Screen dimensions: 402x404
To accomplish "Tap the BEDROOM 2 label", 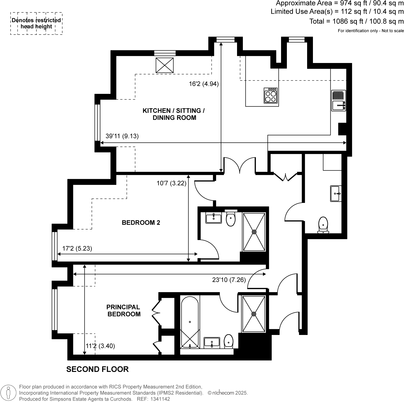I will (x=141, y=223).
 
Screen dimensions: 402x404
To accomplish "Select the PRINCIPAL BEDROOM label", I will (x=123, y=310).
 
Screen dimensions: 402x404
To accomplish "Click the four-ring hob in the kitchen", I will (x=270, y=95).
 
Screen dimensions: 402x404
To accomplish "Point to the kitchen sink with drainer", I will (x=338, y=101).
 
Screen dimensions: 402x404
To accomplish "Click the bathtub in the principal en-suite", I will (x=189, y=322).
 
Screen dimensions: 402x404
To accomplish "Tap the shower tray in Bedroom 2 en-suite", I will (x=254, y=232).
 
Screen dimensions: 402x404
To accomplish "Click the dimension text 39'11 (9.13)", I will (x=122, y=136).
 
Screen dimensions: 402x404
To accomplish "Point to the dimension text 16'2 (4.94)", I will (x=204, y=84).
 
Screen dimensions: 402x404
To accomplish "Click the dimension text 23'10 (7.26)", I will (x=229, y=280).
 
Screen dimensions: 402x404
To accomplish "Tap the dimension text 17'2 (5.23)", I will (x=77, y=248).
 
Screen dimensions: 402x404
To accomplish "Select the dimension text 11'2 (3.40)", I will (x=100, y=346).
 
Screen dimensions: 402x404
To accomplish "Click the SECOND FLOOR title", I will (x=97, y=369).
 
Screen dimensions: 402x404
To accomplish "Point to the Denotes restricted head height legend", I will (x=36, y=24).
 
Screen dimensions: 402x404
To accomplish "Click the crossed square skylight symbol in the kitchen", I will (x=164, y=65).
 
